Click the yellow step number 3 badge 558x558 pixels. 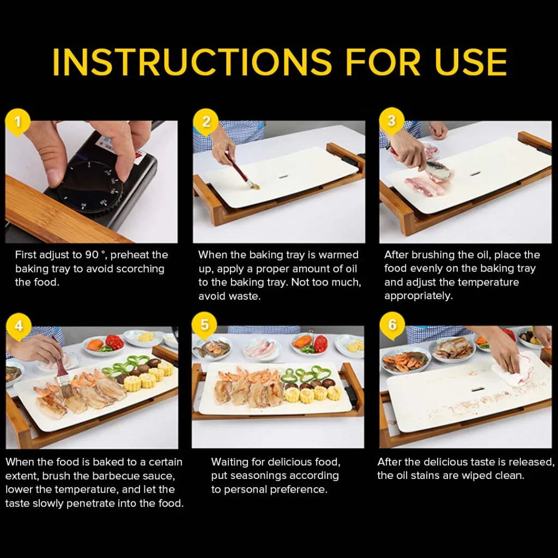point(391,121)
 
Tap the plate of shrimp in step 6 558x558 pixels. point(406,360)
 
